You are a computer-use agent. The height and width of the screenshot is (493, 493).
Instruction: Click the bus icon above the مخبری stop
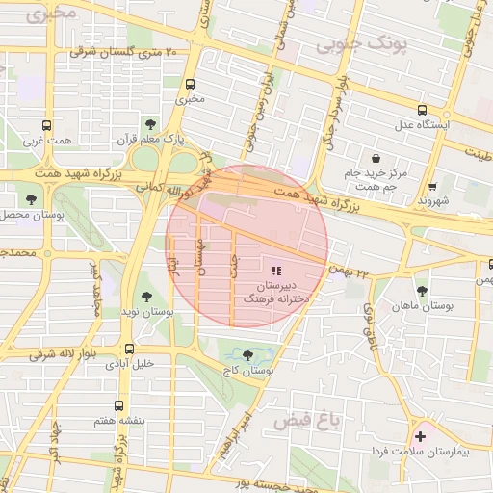click(191, 83)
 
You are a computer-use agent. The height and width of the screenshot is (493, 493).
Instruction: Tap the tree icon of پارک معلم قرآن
click(150, 123)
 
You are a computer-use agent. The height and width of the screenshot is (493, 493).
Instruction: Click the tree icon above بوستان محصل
click(33, 199)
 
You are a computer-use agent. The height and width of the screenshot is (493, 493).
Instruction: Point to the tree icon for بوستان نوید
click(146, 297)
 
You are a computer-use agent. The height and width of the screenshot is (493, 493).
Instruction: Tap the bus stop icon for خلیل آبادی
click(129, 349)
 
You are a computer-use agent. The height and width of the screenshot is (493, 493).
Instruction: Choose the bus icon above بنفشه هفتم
click(118, 405)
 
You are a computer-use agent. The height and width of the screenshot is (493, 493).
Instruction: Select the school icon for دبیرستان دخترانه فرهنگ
click(277, 272)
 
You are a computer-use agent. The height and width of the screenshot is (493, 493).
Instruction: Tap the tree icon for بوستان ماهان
click(422, 290)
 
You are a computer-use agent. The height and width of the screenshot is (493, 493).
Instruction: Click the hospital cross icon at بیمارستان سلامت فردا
click(420, 436)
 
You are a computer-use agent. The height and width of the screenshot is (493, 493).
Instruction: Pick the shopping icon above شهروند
click(432, 187)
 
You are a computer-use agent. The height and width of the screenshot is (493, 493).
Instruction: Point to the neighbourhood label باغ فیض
click(303, 422)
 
